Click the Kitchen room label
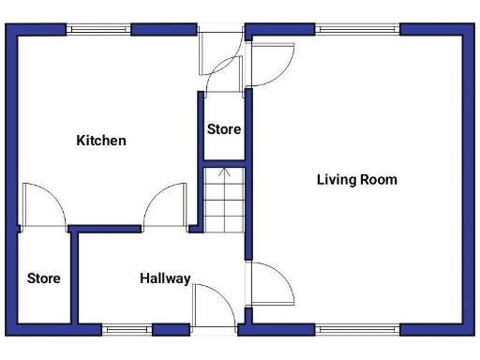[x=100, y=141]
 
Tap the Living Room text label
[x=356, y=179]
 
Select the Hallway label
[x=165, y=278]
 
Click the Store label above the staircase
[x=223, y=129]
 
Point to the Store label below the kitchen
[x=43, y=278]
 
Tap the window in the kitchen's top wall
[x=98, y=28]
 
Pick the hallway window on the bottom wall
[x=127, y=329]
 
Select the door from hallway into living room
[x=270, y=283]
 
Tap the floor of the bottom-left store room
[x=43, y=300]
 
